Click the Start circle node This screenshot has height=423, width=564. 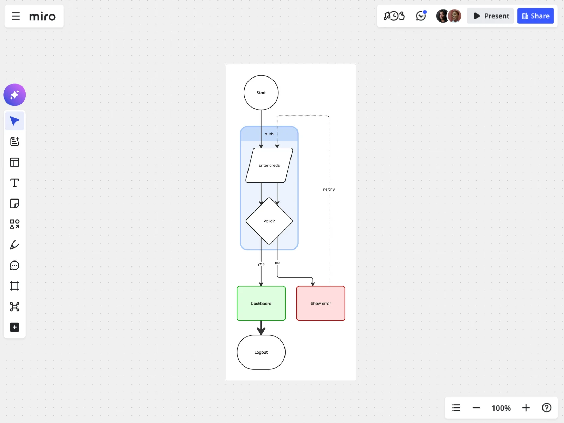[261, 93]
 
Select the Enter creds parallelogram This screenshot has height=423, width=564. [269, 165]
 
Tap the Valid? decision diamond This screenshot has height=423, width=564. [269, 221]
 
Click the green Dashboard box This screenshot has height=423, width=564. [261, 303]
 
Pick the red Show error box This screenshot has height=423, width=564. [321, 303]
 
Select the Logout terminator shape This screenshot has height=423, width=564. [261, 352]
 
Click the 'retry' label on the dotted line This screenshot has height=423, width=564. [329, 189]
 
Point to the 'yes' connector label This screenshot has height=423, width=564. [261, 264]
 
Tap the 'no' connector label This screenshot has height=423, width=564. [277, 263]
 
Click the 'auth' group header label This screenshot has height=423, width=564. [269, 134]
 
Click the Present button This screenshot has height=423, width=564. [490, 16]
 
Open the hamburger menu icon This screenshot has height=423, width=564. [16, 16]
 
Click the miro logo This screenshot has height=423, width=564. [42, 17]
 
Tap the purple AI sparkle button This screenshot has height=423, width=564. [15, 95]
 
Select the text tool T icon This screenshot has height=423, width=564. [15, 183]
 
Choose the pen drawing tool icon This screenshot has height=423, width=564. [15, 245]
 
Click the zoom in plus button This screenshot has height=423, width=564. [526, 407]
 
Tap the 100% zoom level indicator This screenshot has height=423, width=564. [501, 408]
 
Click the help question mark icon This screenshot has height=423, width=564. [546, 407]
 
